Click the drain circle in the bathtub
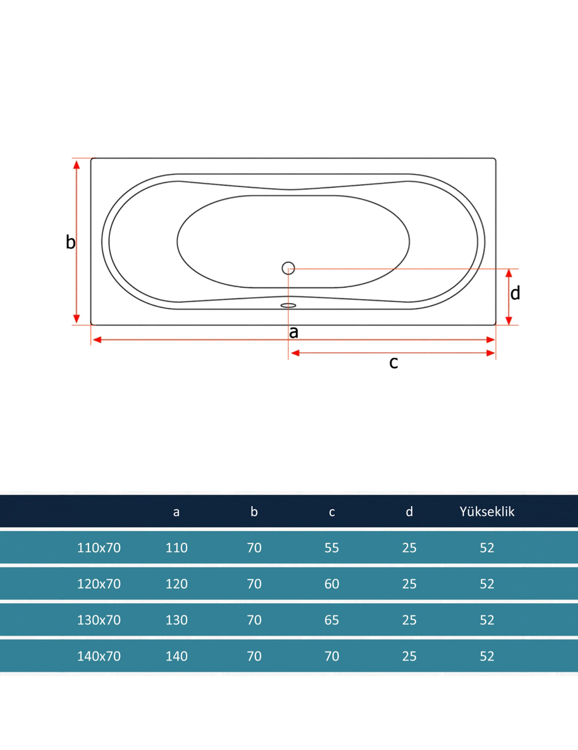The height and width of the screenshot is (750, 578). pyautogui.click(x=288, y=268)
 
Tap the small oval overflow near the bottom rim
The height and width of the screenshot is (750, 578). pyautogui.click(x=288, y=305)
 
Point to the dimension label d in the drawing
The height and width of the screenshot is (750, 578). pyautogui.click(x=515, y=293)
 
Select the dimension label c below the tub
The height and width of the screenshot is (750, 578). pyautogui.click(x=393, y=363)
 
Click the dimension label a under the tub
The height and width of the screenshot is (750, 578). pyautogui.click(x=294, y=332)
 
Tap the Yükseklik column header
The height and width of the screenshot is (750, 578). pyautogui.click(x=487, y=512)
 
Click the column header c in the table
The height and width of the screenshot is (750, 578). pyautogui.click(x=332, y=512)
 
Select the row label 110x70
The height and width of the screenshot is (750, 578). pyautogui.click(x=99, y=548)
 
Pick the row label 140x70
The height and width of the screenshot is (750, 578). pyautogui.click(x=99, y=656)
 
